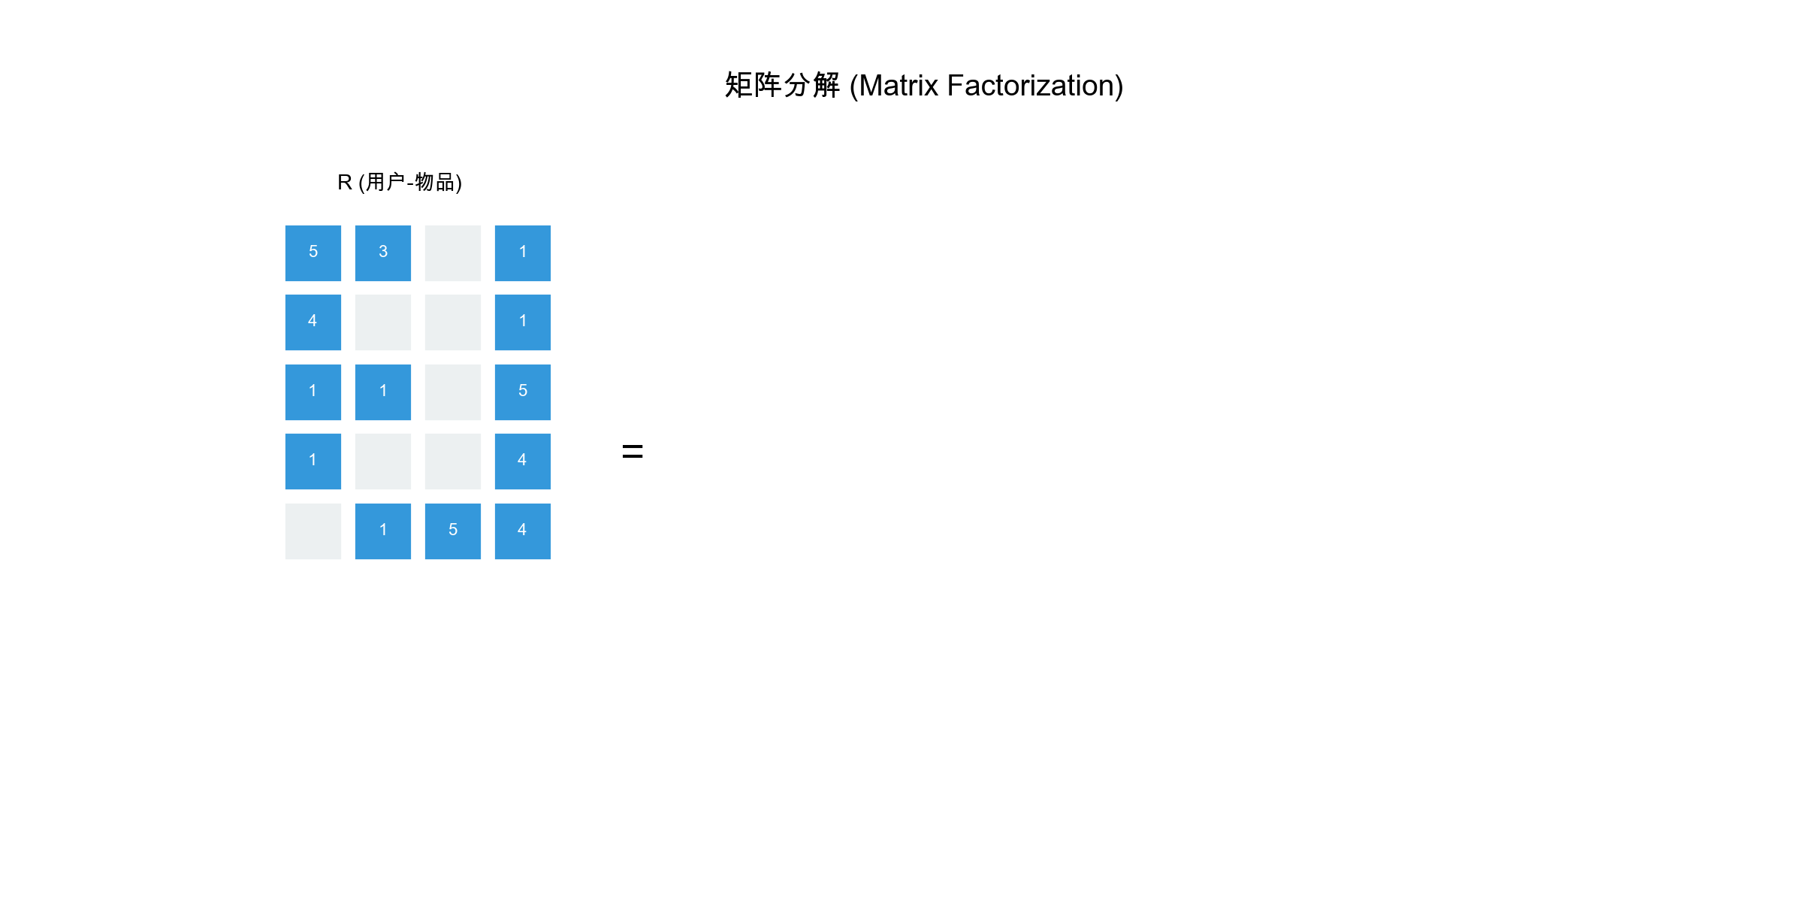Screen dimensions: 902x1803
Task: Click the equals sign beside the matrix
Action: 633,451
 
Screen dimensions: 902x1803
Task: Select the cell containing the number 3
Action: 383,253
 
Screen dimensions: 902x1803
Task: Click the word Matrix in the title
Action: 898,86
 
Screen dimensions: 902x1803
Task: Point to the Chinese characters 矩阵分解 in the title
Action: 782,86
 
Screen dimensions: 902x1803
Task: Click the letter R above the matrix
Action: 345,183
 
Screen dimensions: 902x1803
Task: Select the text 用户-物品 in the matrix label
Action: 410,183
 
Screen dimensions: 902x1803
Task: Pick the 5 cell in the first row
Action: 313,253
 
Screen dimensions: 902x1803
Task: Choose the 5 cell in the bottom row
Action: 453,531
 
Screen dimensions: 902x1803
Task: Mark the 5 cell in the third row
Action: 523,392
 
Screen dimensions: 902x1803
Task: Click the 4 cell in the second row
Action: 313,322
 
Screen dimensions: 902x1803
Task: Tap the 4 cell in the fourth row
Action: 523,462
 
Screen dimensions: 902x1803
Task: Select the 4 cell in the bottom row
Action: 523,531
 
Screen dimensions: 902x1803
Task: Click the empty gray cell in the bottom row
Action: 313,531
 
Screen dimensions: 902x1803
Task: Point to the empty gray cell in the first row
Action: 453,253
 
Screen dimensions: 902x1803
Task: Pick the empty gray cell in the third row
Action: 453,392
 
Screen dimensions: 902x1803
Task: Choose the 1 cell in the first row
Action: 523,253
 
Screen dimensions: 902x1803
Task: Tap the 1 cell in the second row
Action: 523,322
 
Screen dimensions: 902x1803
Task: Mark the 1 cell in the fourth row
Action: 313,462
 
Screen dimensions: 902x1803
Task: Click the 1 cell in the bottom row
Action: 383,531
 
